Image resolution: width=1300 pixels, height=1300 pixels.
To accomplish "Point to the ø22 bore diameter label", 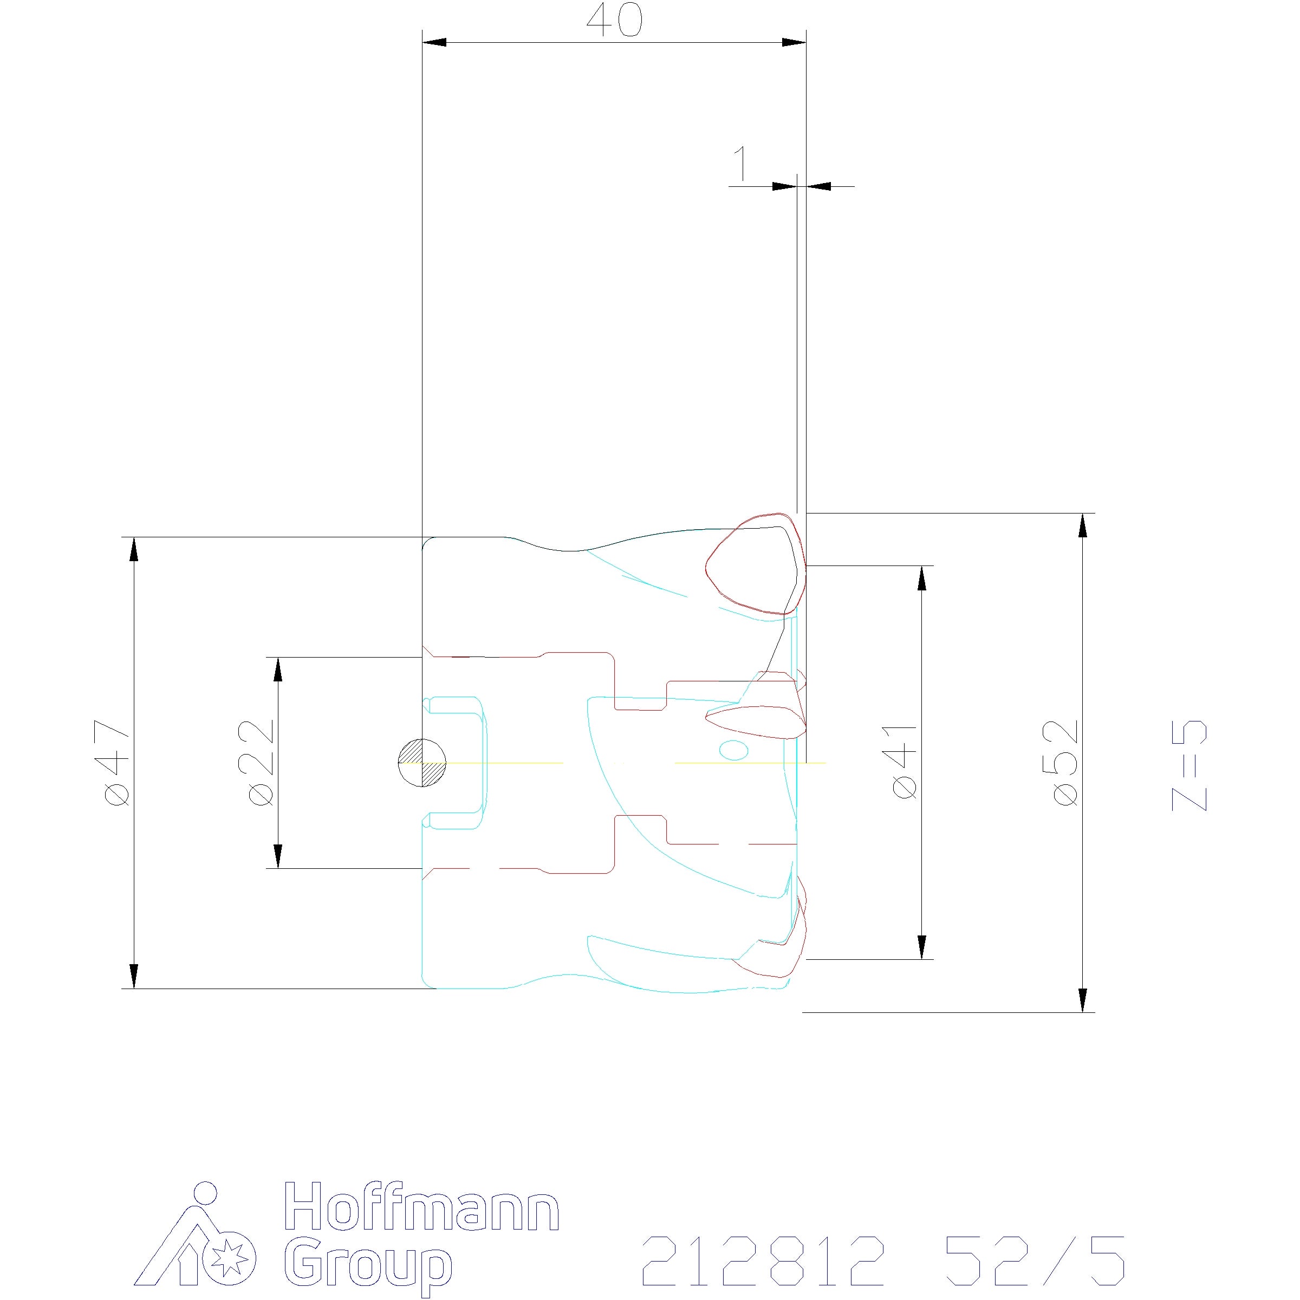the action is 261,762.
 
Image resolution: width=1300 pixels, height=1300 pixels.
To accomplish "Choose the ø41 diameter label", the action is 905,762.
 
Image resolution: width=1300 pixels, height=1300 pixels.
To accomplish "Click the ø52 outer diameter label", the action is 1066,762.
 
